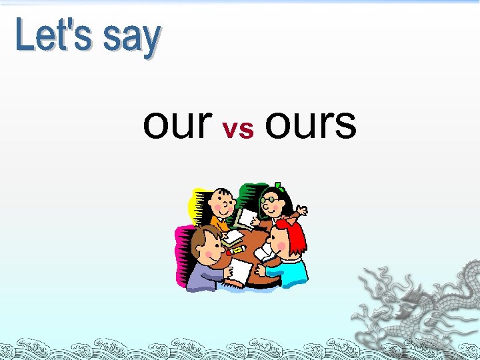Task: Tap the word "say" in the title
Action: point(132,38)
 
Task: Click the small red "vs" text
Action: point(238,129)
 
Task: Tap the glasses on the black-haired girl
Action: point(269,199)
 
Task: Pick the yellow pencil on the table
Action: point(235,249)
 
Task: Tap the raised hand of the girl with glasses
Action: point(301,210)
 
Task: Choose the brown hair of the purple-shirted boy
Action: point(203,237)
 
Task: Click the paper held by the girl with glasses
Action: point(246,217)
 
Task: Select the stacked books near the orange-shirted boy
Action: point(233,237)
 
